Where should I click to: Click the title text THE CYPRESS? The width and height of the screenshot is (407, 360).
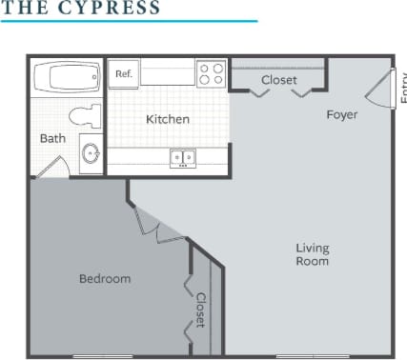(x=80, y=8)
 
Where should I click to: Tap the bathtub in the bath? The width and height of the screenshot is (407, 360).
(x=67, y=75)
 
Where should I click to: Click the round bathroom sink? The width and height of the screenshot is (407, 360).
(x=91, y=152)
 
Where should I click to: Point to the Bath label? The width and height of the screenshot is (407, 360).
(x=52, y=138)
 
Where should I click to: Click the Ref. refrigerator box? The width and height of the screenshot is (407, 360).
(x=124, y=74)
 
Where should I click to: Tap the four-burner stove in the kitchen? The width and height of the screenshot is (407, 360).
(x=211, y=74)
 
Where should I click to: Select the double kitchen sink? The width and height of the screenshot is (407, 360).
(x=182, y=157)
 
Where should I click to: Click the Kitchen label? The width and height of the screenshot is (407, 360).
(x=167, y=119)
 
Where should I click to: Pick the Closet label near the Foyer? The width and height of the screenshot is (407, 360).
(x=278, y=80)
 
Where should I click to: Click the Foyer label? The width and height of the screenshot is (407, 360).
(x=341, y=115)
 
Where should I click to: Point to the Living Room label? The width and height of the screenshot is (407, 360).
(x=312, y=254)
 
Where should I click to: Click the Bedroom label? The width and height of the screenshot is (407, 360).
(x=104, y=279)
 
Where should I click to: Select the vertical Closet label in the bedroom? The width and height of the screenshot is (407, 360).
(x=201, y=310)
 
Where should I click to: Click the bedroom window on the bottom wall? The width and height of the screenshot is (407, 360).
(x=102, y=356)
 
